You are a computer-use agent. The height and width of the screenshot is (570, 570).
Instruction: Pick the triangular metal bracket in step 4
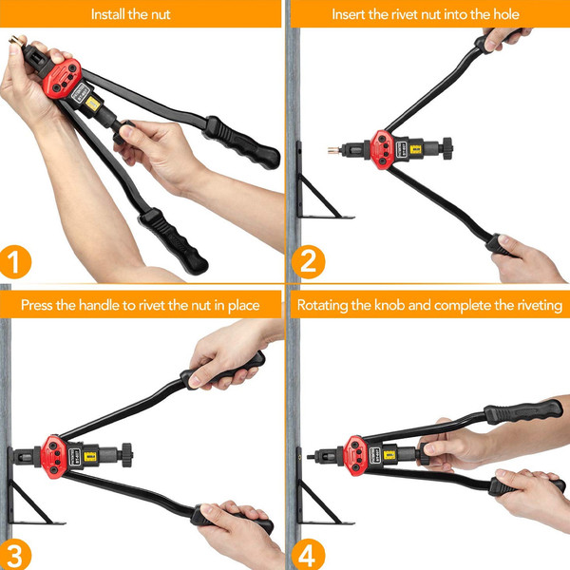coord(318,494)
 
